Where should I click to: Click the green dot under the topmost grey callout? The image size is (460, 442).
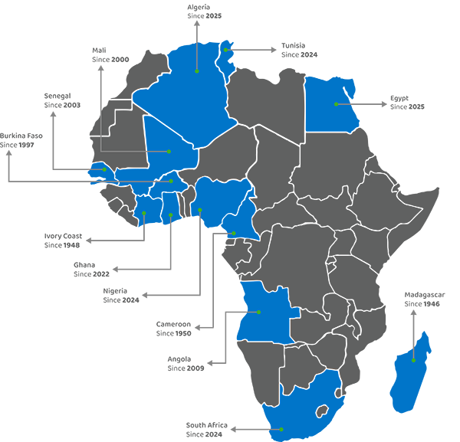tap(197, 71)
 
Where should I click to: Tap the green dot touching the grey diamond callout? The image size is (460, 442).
tap(225, 50)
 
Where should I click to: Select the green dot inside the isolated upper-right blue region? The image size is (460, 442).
tap(336, 103)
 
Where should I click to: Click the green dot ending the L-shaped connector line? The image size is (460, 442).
tap(169, 152)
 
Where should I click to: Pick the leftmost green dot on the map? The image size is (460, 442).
tap(104, 169)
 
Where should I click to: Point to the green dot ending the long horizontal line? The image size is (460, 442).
tap(171, 182)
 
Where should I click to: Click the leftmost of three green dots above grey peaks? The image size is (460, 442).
tap(144, 213)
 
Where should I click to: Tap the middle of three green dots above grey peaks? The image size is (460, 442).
tap(170, 216)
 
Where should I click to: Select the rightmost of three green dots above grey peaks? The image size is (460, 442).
tap(199, 210)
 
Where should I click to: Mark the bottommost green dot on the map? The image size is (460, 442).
tap(281, 429)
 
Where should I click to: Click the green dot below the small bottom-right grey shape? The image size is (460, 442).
tap(413, 360)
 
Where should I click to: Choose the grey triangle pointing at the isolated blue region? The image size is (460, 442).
tap(371, 103)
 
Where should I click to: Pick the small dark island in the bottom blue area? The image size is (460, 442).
tap(322, 411)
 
